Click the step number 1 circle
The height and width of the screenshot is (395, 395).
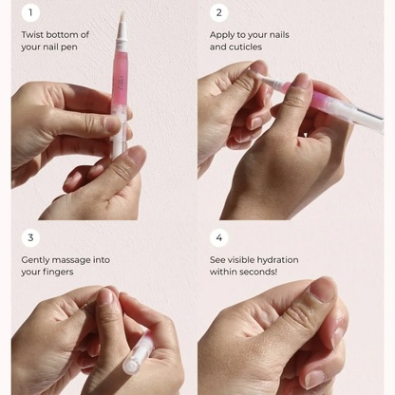click(x=30, y=12)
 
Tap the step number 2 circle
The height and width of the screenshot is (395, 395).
click(x=219, y=12)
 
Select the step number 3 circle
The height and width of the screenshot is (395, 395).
click(x=30, y=237)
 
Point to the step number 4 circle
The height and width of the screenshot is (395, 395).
click(x=219, y=237)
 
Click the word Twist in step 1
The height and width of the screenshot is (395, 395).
click(x=32, y=34)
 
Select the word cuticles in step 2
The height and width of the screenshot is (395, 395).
click(x=238, y=47)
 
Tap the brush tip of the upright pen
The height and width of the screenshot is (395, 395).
click(x=122, y=18)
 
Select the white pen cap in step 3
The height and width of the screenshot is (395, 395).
click(x=138, y=355)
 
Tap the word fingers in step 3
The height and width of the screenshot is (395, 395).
click(x=56, y=272)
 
